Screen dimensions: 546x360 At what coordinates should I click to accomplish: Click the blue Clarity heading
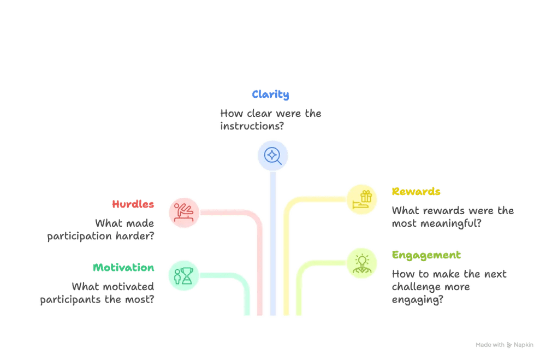tap(270, 95)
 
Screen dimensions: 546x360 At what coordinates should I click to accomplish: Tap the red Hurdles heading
tap(133, 204)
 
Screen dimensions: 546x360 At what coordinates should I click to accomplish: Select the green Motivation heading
tap(123, 267)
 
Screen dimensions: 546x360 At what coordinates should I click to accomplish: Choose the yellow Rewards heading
tap(416, 191)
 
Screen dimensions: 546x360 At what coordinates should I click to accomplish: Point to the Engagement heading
tap(426, 256)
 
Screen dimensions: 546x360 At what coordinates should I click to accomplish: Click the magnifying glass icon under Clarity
tap(272, 156)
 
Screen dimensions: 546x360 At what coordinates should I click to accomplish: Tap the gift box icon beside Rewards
tap(362, 199)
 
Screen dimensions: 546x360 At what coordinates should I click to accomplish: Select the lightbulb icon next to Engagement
tap(362, 263)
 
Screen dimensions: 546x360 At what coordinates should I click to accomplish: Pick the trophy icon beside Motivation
tap(183, 276)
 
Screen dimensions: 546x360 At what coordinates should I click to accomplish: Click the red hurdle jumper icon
tap(184, 213)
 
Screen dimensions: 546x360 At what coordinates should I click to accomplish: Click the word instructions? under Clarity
tap(252, 126)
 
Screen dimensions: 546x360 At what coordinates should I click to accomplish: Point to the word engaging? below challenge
tap(418, 300)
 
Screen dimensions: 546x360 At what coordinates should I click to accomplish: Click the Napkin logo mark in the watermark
tap(509, 345)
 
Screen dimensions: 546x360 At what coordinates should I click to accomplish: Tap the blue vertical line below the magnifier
tap(273, 244)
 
